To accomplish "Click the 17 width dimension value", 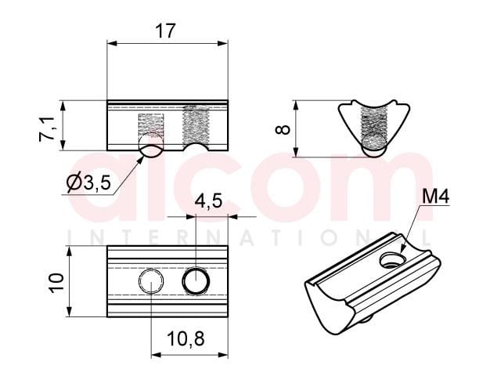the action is click(x=165, y=31).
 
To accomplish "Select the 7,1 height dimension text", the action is click(x=47, y=129).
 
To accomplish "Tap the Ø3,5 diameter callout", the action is click(x=88, y=183).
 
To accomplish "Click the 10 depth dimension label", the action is click(x=56, y=283).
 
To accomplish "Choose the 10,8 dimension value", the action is click(x=186, y=339).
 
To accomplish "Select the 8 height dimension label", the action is click(x=283, y=129).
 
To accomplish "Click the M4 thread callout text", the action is click(x=436, y=197).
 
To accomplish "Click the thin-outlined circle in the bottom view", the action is click(x=151, y=281).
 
